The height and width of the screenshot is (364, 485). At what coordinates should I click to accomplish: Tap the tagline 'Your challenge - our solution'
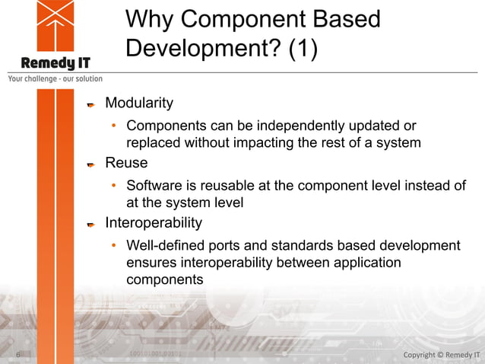(55, 78)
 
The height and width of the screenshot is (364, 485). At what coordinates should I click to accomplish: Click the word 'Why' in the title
(150, 19)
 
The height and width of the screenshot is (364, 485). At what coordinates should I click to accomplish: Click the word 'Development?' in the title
(200, 48)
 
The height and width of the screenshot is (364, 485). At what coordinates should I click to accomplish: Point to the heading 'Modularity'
(139, 102)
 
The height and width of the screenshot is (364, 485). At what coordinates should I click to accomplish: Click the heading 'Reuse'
(126, 163)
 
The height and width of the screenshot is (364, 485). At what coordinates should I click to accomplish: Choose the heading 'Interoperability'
(154, 223)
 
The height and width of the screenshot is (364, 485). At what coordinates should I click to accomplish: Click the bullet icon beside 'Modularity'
(90, 104)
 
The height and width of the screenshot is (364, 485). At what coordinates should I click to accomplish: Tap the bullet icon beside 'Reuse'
(90, 164)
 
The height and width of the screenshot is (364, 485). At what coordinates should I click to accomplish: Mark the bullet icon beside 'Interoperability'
(90, 225)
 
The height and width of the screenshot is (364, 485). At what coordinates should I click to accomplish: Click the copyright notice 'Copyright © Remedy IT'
(441, 355)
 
